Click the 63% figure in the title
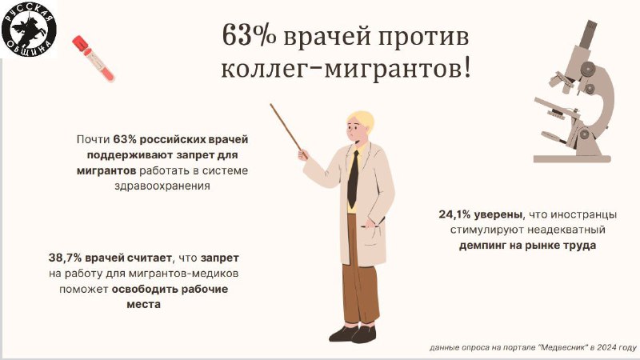tap(249, 35)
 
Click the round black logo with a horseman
tap(28, 29)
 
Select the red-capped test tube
tap(94, 58)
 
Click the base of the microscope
tap(572, 158)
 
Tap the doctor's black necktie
tap(353, 178)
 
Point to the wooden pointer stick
tap(287, 129)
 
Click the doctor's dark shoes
tap(353, 334)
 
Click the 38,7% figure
tap(66, 258)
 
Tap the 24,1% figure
tap(455, 214)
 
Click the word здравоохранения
tap(162, 186)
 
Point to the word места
tap(144, 305)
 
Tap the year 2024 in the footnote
tap(606, 348)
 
